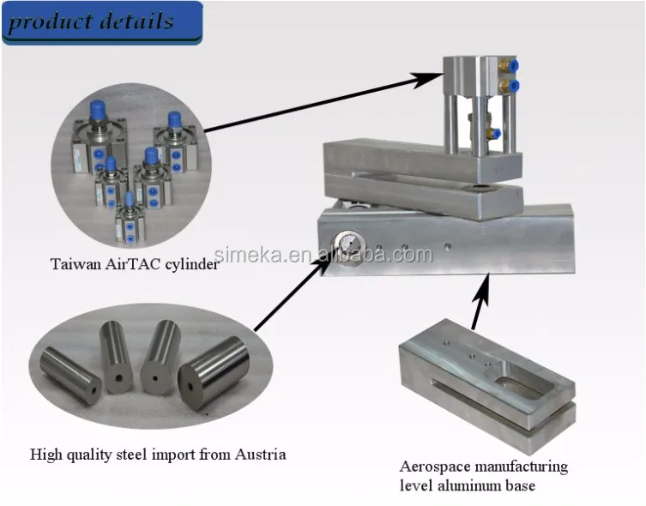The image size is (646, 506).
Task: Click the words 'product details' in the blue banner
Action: pyautogui.click(x=91, y=21)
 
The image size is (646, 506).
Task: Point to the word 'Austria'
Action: pyautogui.click(x=262, y=454)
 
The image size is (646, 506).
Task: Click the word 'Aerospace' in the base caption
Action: pyautogui.click(x=433, y=467)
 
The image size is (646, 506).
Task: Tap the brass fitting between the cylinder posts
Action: pyautogui.click(x=492, y=133)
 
